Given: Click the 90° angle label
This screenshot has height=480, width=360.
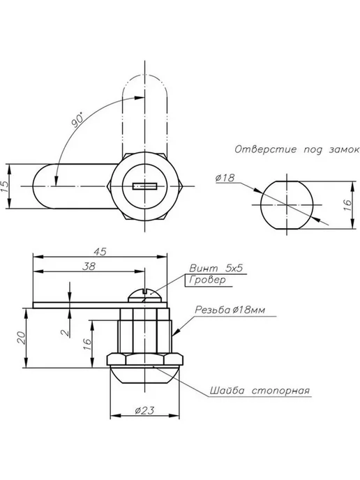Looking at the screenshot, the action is tap(77, 119).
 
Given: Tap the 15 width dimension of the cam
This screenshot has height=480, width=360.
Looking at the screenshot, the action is tap(5, 186).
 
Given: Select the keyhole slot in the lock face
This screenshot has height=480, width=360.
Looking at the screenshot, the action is tap(145, 186).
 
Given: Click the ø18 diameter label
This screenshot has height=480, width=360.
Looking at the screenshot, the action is tap(225, 177).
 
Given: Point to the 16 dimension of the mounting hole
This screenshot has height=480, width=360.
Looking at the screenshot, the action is tap(347, 205).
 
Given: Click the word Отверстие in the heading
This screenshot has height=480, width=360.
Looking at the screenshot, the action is tap(266, 149).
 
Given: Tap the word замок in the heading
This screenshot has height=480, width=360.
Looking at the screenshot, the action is tap(344, 150).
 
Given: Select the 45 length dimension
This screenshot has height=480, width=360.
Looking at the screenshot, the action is tap(100, 252).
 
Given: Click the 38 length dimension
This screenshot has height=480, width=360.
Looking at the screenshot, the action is tap(89, 267).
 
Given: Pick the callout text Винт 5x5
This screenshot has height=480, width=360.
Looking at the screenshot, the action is tap(216, 268).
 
